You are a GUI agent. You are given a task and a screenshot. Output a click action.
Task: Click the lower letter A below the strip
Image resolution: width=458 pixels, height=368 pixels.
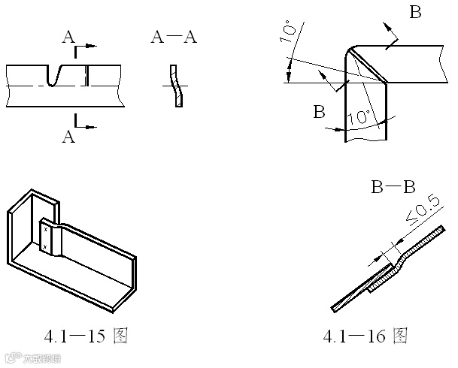(68, 137)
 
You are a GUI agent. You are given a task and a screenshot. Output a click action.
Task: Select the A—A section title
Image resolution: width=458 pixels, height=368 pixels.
(174, 37)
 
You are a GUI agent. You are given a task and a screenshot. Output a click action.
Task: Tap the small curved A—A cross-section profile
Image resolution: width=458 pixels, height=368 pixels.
(176, 85)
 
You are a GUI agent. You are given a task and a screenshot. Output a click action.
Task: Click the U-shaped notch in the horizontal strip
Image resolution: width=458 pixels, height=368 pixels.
(54, 75)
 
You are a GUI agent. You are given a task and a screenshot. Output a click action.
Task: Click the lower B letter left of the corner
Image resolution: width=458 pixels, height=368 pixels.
(319, 113)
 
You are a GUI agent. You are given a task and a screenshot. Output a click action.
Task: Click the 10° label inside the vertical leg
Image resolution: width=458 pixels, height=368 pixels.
(360, 116)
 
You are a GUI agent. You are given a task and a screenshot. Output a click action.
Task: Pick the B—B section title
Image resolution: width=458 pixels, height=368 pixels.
(393, 187)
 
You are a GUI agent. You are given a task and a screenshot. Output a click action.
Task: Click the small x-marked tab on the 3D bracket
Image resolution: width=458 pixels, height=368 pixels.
(47, 238)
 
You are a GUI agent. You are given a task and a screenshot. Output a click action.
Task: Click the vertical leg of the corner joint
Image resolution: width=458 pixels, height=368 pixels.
(366, 113)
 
